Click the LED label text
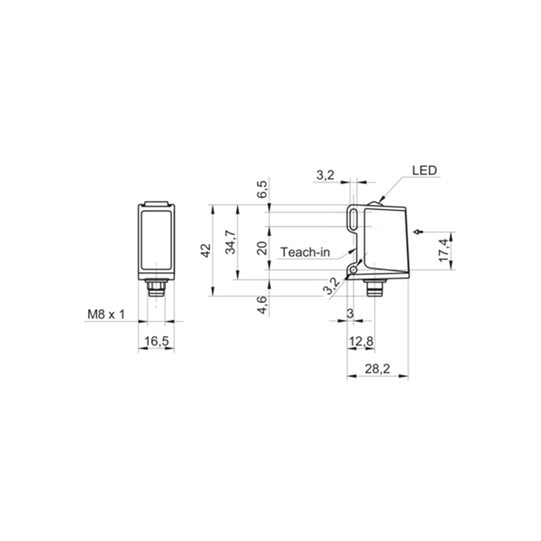click(x=425, y=170)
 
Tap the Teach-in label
click(x=305, y=252)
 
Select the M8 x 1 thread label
click(x=106, y=314)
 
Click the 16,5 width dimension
click(x=156, y=342)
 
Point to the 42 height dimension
click(x=206, y=250)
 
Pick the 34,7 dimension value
click(x=230, y=242)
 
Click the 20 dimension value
click(x=263, y=248)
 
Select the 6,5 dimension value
click(x=262, y=189)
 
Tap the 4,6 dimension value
click(x=262, y=305)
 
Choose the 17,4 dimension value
click(x=444, y=250)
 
